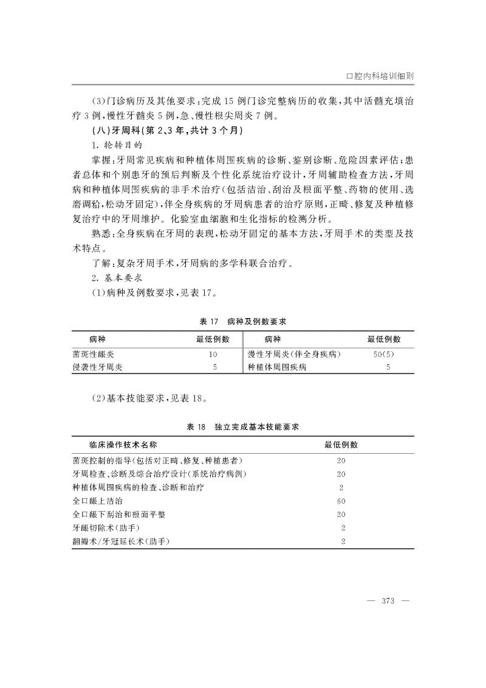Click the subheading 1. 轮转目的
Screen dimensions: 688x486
(113, 147)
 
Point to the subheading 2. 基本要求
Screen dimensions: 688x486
(113, 277)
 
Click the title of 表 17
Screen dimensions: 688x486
(242, 321)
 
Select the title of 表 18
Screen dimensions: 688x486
(242, 428)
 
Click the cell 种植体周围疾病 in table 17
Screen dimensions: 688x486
(277, 367)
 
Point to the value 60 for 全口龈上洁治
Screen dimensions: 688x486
(341, 501)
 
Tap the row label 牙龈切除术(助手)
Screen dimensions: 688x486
(102, 527)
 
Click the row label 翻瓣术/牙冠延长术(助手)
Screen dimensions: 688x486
(120, 541)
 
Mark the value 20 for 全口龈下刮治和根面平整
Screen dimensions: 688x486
(341, 514)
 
